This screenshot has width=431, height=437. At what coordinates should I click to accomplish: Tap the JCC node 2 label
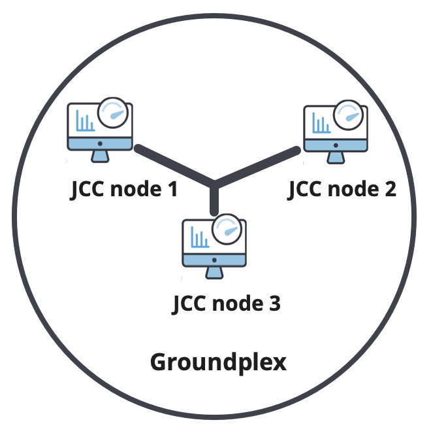[342, 189]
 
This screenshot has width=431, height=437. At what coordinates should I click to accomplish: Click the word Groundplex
[218, 362]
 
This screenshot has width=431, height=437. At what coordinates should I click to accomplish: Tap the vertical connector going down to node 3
[214, 200]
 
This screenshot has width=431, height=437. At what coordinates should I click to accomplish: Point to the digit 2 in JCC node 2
[390, 189]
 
